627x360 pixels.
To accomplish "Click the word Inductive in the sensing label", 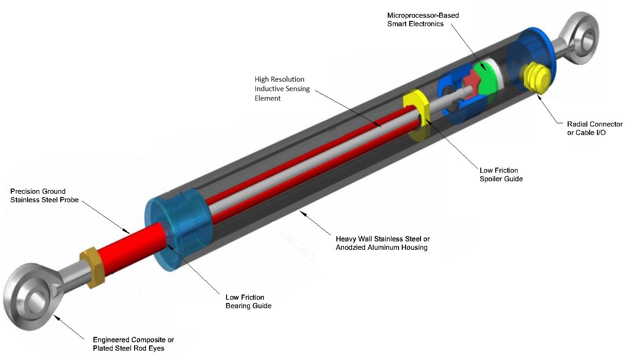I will tap(269, 89).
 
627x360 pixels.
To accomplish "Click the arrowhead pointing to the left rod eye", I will tap(56, 317).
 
